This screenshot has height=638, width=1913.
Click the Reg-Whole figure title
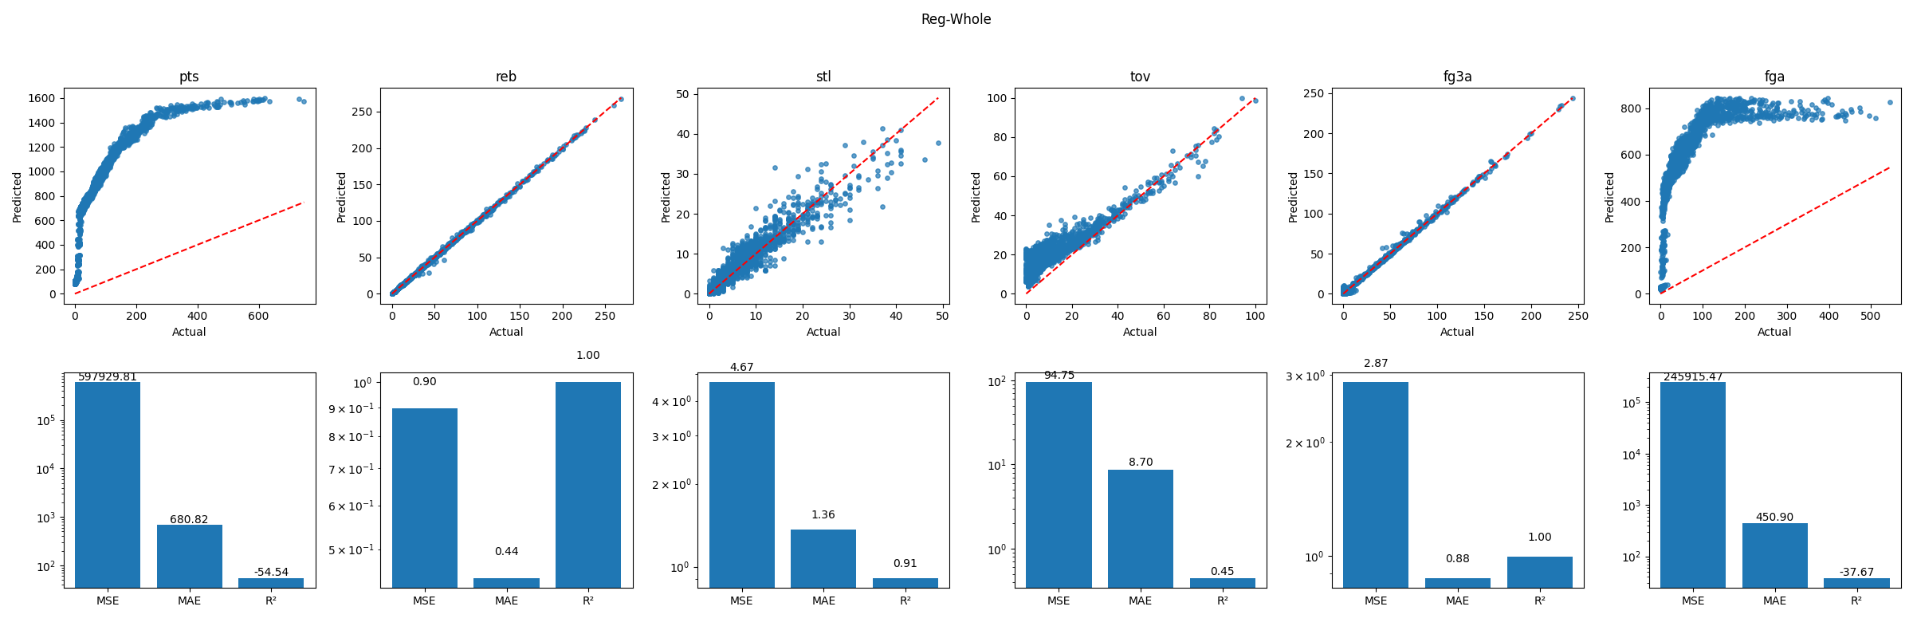(x=956, y=19)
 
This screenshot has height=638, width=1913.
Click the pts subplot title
(x=189, y=77)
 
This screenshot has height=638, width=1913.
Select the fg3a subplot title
(x=1457, y=77)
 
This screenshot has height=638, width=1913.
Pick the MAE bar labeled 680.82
(x=189, y=556)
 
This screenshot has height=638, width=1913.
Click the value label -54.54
(x=271, y=572)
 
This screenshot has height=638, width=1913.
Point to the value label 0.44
(x=506, y=551)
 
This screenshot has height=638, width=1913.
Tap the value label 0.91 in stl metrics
(x=905, y=563)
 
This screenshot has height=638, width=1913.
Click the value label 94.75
(x=1059, y=376)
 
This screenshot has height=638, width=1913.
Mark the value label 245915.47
(x=1693, y=376)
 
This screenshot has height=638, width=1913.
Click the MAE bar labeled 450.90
(x=1774, y=555)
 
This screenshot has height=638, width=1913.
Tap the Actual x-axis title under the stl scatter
(x=823, y=332)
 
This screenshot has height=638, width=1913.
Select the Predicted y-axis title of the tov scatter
(x=976, y=197)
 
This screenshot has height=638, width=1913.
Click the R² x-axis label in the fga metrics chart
(x=1856, y=601)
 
